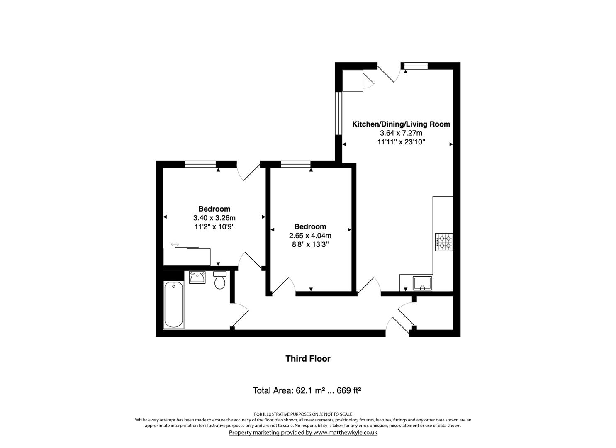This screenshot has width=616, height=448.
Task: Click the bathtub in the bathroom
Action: pyautogui.click(x=173, y=305)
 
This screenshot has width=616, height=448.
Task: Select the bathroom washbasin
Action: pyautogui.click(x=197, y=277)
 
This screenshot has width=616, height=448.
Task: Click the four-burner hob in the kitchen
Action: pyautogui.click(x=443, y=242)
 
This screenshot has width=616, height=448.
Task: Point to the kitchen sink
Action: pyautogui.click(x=422, y=283)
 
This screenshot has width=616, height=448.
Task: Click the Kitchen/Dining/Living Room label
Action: pyautogui.click(x=401, y=124)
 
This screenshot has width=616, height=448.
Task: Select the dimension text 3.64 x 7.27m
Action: pyautogui.click(x=401, y=133)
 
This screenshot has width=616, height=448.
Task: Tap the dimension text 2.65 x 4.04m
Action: pyautogui.click(x=310, y=236)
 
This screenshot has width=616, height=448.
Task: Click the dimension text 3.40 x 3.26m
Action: pyautogui.click(x=214, y=218)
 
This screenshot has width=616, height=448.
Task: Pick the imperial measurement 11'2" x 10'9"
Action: pyautogui.click(x=214, y=226)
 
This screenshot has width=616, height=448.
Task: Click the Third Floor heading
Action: pyautogui.click(x=308, y=359)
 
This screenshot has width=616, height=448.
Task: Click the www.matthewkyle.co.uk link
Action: pyautogui.click(x=345, y=433)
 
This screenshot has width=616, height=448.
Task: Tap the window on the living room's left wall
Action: pyautogui.click(x=338, y=113)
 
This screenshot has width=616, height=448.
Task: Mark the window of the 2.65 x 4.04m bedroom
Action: pyautogui.click(x=295, y=164)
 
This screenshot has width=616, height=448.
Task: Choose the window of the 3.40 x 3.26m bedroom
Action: pyautogui.click(x=200, y=164)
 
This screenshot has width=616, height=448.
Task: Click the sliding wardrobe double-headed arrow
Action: pyautogui.click(x=175, y=245)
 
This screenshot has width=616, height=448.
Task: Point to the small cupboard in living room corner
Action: pyautogui.click(x=352, y=80)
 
